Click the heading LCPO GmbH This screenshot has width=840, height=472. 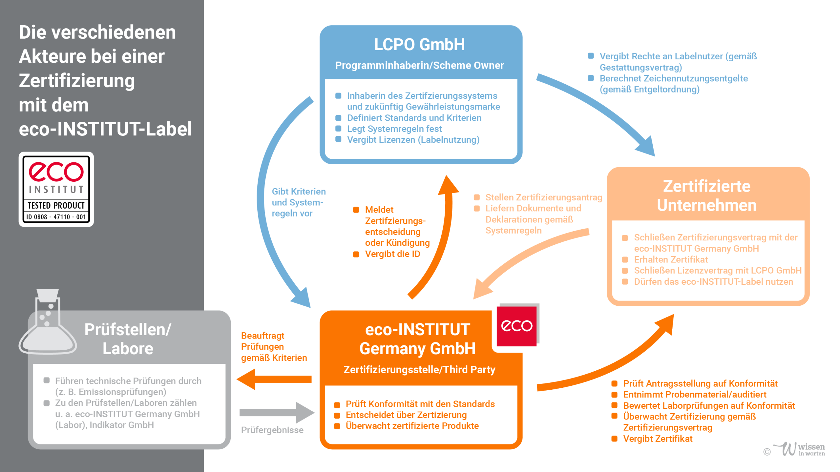click(x=419, y=45)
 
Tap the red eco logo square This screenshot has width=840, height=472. click(x=516, y=326)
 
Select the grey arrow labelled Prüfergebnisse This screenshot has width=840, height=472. click(x=277, y=413)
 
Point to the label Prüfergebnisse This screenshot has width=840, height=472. click(x=272, y=430)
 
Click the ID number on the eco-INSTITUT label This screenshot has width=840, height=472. click(x=56, y=217)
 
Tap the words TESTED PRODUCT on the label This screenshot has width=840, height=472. click(x=56, y=205)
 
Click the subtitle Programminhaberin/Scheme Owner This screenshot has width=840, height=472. click(x=419, y=65)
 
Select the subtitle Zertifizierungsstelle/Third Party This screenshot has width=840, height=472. click(x=419, y=370)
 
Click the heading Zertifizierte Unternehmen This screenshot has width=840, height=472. click(x=707, y=196)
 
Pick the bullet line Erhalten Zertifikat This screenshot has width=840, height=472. click(x=671, y=259)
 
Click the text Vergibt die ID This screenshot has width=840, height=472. click(x=392, y=254)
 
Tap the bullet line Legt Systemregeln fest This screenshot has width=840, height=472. click(x=394, y=129)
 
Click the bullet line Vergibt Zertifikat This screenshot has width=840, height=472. click(x=658, y=439)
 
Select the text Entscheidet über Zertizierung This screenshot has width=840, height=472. click(x=406, y=415)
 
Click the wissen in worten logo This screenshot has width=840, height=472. click(x=799, y=449)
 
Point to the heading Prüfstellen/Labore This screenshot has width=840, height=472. click(x=128, y=339)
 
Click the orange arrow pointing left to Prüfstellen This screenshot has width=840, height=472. click(x=274, y=379)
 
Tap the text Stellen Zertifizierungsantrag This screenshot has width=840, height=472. click(x=544, y=197)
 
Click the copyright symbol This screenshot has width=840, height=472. click(x=767, y=452)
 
